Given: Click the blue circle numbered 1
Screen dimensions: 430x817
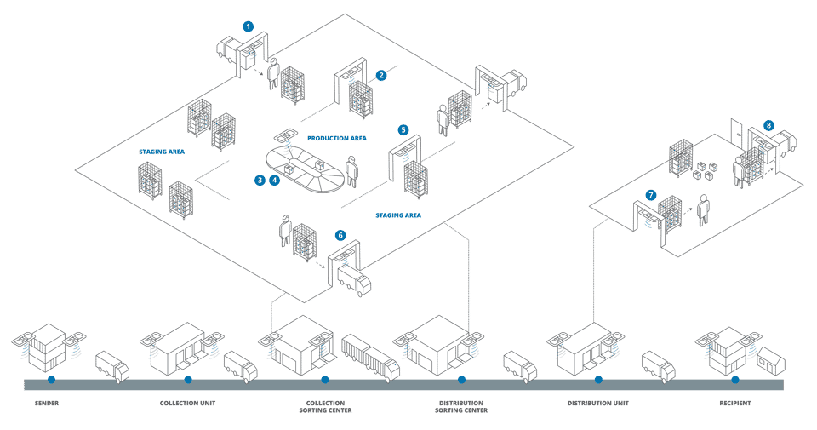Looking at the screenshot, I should point(248,26).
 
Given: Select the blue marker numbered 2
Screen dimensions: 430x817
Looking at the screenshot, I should point(381,75).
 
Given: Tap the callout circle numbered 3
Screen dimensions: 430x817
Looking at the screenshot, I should point(259,180).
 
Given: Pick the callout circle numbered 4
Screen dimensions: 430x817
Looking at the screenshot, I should point(273,180).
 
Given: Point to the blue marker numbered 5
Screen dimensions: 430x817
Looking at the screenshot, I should point(403,130).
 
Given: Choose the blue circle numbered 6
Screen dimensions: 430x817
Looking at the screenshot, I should point(341,235).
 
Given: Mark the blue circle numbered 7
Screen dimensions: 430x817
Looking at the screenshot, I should point(651,195).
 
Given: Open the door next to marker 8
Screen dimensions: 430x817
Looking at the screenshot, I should point(735,136).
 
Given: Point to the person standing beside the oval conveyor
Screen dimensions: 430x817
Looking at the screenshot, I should point(351,172).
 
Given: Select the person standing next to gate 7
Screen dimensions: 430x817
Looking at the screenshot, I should point(703,209).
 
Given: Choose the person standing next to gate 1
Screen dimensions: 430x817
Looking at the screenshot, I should point(273,74).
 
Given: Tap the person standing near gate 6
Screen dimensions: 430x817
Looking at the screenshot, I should point(287,231).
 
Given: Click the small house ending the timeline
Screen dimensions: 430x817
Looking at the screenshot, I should point(771,360).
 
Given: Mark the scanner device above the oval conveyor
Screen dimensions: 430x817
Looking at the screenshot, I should point(283,136).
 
